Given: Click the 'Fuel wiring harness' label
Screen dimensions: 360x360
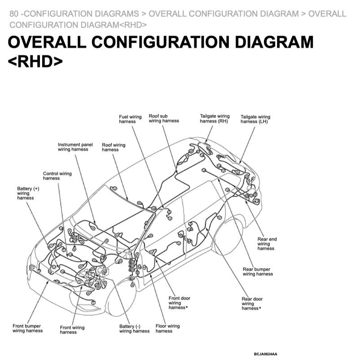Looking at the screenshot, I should click(x=130, y=119).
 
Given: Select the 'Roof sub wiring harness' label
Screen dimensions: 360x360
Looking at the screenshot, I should click(x=164, y=118).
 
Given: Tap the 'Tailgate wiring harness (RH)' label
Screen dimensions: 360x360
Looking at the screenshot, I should click(x=215, y=119).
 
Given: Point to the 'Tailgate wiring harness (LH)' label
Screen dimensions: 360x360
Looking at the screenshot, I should click(x=255, y=119).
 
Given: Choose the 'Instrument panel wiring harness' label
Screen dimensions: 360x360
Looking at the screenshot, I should click(x=75, y=147).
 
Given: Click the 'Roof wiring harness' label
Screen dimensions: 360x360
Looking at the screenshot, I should click(x=114, y=147).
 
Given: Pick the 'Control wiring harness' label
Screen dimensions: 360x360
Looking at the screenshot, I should click(x=57, y=176).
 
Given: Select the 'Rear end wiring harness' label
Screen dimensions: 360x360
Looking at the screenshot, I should click(x=267, y=244).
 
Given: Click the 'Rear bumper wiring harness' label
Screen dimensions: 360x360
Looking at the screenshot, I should click(x=258, y=272).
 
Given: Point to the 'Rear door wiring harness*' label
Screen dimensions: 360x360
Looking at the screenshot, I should click(x=252, y=303).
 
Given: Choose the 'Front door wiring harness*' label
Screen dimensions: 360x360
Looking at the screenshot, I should click(x=179, y=303).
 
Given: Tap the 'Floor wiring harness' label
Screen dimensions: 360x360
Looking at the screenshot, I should click(x=167, y=329).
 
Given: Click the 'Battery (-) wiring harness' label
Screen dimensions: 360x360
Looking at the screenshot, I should click(x=134, y=329).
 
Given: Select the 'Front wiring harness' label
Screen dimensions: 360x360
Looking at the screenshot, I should click(x=72, y=330).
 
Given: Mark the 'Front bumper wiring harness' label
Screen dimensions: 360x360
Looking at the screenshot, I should click(x=28, y=328).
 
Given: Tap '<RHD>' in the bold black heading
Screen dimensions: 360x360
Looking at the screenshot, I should click(x=35, y=61).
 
